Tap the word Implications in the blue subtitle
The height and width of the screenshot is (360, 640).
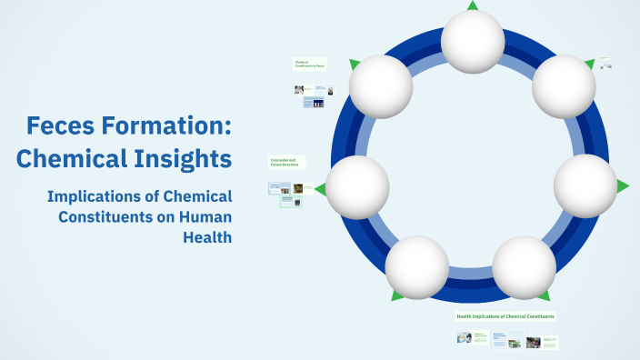(x=99, y=196)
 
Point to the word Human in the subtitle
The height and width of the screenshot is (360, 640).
(x=201, y=216)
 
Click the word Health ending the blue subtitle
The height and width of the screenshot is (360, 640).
(x=207, y=236)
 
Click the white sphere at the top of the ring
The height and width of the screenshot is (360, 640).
(x=473, y=42)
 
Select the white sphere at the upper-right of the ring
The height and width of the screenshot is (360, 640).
(x=564, y=86)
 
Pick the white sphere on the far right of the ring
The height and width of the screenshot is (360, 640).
(x=585, y=185)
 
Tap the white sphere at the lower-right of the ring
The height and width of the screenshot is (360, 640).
(x=524, y=267)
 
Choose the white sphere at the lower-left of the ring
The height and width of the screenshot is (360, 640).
(x=417, y=267)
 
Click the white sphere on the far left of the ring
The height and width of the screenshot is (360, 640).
(x=357, y=187)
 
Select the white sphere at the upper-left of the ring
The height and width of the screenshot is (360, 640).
(x=381, y=87)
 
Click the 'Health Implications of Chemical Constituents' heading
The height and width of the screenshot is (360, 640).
(x=505, y=316)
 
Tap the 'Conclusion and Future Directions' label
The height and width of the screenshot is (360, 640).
(x=285, y=163)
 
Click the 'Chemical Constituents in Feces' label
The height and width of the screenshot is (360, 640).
(x=308, y=64)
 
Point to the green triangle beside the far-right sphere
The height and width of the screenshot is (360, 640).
(x=623, y=186)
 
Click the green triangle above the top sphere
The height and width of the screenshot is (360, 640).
(x=473, y=5)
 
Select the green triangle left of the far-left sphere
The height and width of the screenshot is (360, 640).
(x=320, y=188)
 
